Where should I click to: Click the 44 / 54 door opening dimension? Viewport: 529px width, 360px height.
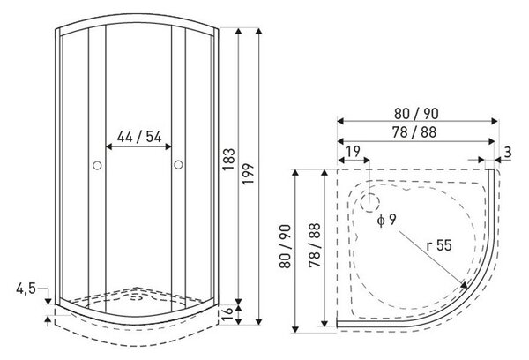(x=139, y=137)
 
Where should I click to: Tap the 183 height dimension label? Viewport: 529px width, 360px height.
(x=228, y=160)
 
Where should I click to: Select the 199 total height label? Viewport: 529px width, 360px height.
(x=249, y=174)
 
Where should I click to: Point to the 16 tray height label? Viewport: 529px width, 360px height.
(x=228, y=314)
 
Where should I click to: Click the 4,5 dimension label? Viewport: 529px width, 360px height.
(x=26, y=289)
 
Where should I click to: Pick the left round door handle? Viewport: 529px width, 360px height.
(x=97, y=166)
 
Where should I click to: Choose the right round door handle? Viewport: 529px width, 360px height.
(x=178, y=165)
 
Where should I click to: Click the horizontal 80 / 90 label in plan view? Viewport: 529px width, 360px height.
(x=416, y=114)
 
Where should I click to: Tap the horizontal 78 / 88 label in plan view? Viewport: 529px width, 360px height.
(x=414, y=132)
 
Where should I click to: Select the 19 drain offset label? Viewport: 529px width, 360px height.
(x=354, y=152)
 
